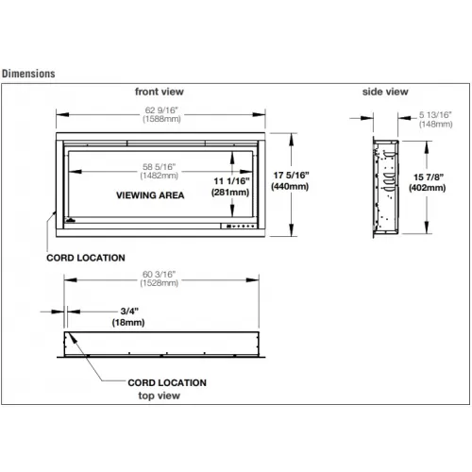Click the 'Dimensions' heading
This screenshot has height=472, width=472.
tap(28, 74)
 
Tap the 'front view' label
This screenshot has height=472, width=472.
tap(160, 92)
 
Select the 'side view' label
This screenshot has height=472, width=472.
tap(385, 92)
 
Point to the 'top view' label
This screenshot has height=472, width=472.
tap(159, 396)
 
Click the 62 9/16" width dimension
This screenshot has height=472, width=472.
tap(161, 110)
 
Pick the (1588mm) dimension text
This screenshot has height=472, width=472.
tap(161, 119)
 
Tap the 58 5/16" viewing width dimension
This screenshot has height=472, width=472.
tap(159, 167)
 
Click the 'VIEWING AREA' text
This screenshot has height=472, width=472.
tap(150, 195)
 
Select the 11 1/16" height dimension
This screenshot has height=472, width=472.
tap(231, 181)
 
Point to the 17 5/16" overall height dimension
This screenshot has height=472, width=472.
tap(291, 175)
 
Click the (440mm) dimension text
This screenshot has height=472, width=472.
tap(290, 186)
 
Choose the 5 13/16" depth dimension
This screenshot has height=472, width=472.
tap(435, 115)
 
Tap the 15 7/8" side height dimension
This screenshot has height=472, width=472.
tap(429, 177)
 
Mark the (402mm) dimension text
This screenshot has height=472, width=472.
tap(427, 188)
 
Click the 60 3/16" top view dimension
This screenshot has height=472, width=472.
tap(159, 275)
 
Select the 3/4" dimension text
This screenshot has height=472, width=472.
tap(129, 312)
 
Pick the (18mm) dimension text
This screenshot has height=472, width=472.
tap(128, 322)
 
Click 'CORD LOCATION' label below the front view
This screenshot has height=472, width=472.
tap(86, 258)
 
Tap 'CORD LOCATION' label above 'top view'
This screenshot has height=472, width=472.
tap(167, 382)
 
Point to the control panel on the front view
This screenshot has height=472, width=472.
tap(239, 226)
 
